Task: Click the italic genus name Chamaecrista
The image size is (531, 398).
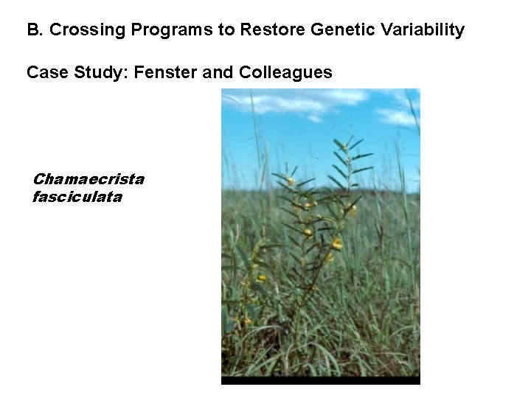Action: click(x=88, y=179)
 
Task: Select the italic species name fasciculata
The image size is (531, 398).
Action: click(x=77, y=197)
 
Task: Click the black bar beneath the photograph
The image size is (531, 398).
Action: click(x=320, y=380)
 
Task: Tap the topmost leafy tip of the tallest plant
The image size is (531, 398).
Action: click(x=339, y=142)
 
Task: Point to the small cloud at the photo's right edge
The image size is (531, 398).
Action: click(x=398, y=116)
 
